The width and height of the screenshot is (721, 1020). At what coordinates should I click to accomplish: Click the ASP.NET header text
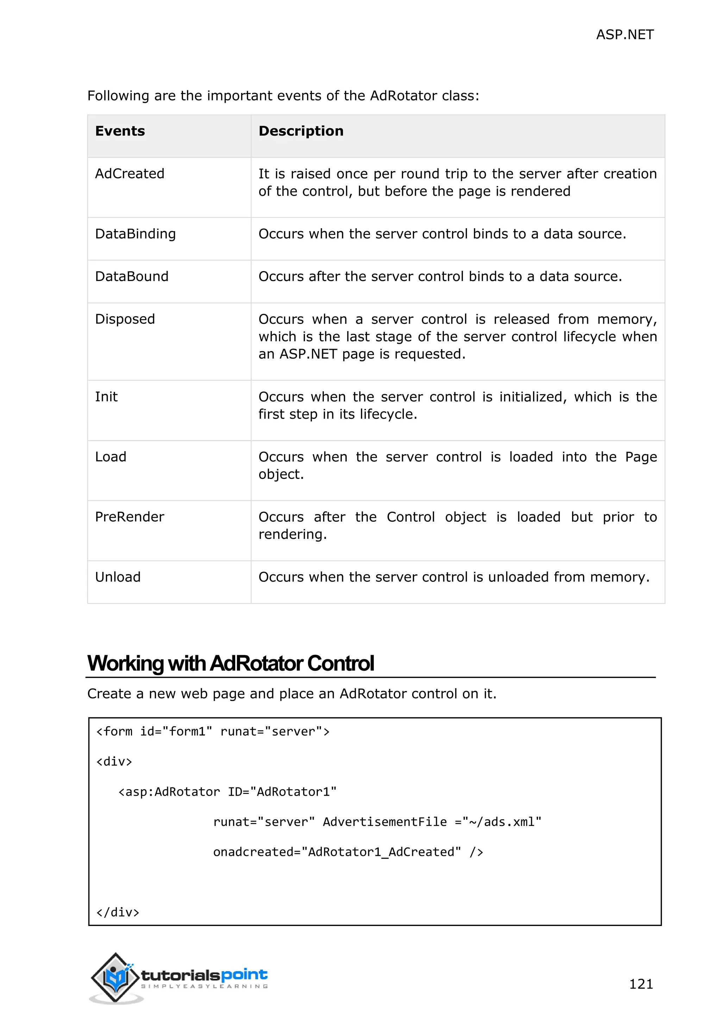coord(624,35)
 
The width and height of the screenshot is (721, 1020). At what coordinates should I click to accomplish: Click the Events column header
coord(120,131)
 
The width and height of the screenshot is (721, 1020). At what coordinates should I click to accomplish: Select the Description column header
coord(301,131)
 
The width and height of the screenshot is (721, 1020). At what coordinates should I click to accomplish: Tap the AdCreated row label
coord(130,174)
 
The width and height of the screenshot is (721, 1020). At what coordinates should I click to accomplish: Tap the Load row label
coord(111,457)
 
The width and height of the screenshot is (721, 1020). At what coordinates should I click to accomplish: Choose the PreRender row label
coord(129,517)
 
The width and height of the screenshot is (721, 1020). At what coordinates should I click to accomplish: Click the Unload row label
coord(118,577)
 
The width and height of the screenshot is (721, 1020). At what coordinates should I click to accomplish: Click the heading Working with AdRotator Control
coord(231,663)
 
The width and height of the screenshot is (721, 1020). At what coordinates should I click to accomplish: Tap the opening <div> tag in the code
coord(114,762)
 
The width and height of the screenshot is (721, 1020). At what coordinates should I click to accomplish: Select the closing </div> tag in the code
coord(118,913)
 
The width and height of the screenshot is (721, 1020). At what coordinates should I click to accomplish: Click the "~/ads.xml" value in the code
coord(502,822)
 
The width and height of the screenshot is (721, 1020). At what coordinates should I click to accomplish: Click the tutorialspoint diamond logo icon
coord(115,977)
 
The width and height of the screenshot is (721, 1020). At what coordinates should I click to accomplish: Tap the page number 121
coord(641,984)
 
